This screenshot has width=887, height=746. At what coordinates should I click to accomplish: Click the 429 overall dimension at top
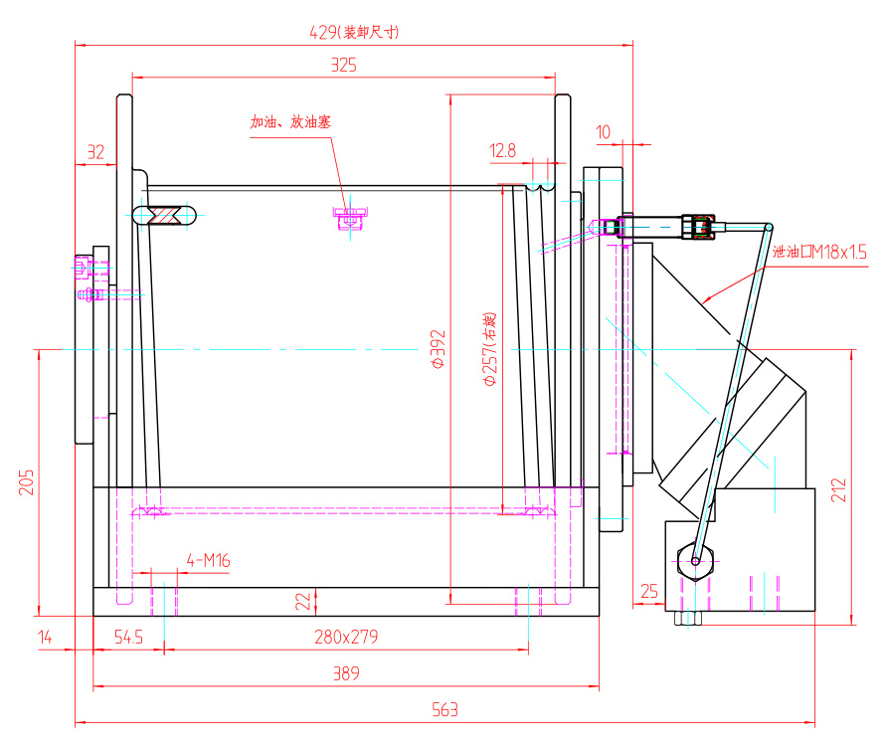pos(354,32)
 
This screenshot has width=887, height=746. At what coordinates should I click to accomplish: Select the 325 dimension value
pos(343,66)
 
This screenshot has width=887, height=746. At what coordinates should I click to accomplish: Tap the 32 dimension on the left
pos(95,152)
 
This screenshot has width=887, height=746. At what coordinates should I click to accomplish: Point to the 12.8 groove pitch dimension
pos(503,151)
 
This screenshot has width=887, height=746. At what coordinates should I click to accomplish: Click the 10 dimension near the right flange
pos(604,132)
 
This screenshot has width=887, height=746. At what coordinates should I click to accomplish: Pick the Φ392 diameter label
pos(439,349)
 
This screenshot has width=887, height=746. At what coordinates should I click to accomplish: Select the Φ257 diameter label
pos(488,349)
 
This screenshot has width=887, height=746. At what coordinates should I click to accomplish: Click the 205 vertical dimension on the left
pos(27,481)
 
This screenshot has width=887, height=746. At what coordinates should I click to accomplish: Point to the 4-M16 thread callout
pos(208,561)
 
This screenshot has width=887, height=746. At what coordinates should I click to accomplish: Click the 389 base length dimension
pos(346,673)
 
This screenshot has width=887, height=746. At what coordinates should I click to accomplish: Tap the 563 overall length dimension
pos(444,710)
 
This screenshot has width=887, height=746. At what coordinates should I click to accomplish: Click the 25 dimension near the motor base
pos(649,592)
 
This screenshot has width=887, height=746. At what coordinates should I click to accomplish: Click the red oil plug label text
pos(290,122)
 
